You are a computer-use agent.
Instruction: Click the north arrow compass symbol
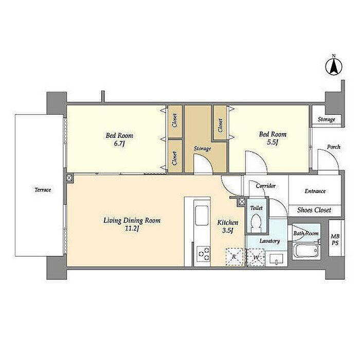pos(334,66)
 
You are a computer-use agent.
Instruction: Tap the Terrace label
pos(43,190)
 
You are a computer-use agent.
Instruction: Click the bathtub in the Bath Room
pos(307,250)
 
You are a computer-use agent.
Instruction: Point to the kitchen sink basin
pos(202,215)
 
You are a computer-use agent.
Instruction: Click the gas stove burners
pos(204,254)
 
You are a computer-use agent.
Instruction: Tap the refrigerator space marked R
pos(235,257)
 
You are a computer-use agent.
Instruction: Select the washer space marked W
pos(255,258)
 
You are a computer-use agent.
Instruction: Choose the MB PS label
pos(335,240)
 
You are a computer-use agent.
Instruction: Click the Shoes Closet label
pos(314,210)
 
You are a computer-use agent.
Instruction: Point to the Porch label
pos(334,147)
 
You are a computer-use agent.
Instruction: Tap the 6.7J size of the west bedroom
pos(119,143)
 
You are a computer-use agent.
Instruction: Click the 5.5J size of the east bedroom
pos(273,142)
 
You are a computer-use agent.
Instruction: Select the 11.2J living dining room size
pos(132,229)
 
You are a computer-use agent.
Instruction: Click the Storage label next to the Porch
pos(326,119)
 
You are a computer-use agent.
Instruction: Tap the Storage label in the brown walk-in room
pos(202,149)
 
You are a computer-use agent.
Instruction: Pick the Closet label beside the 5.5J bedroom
pos(221,125)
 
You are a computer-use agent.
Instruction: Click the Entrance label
pos(315,191)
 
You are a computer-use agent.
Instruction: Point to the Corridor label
pos(266,186)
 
